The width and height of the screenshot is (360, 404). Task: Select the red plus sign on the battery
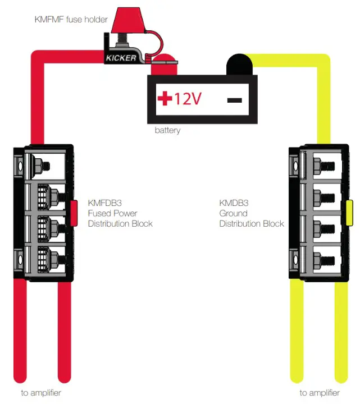pos(165,99)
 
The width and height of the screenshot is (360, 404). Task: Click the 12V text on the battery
pos(187,99)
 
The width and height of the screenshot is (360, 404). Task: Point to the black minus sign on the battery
pos(235,100)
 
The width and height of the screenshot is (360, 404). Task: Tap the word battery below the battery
pos(167,131)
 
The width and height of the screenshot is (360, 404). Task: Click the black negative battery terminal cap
pos(239,63)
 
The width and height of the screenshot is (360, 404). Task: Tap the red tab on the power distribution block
pos(74,213)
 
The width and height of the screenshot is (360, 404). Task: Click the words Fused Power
pos(112,213)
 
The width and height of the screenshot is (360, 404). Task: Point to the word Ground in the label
pos(233,213)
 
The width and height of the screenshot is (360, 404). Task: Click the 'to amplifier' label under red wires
pos(41,393)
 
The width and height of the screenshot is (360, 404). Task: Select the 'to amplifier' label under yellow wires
pos(319,393)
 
